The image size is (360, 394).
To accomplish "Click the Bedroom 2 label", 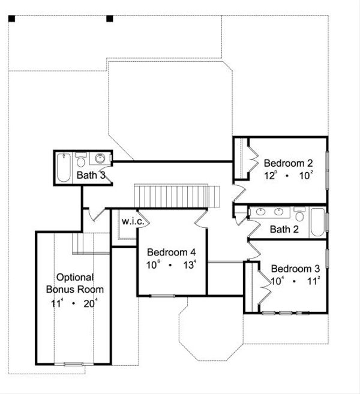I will (288, 163).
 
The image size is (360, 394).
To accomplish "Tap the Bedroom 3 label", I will (295, 269).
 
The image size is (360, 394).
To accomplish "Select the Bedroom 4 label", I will (171, 252).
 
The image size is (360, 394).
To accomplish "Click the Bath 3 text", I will (91, 176).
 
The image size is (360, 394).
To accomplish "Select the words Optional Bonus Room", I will (74, 283).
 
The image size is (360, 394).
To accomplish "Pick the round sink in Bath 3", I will (100, 160).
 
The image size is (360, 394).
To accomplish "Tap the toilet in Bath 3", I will (81, 160).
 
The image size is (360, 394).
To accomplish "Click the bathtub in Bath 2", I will (316, 224).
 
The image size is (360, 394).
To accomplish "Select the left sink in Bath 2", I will (261, 212).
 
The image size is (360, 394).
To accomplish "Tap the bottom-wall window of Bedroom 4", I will (162, 295).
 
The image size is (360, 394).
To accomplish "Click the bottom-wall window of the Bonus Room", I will (73, 363).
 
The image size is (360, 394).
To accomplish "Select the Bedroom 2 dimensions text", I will (288, 176).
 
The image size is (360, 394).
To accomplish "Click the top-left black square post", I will (11, 18).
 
